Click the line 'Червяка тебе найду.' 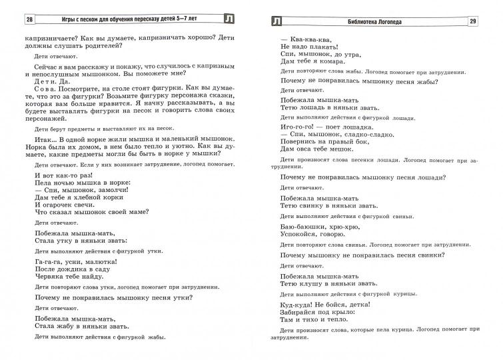[70, 281]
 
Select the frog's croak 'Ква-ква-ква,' [305, 39]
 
